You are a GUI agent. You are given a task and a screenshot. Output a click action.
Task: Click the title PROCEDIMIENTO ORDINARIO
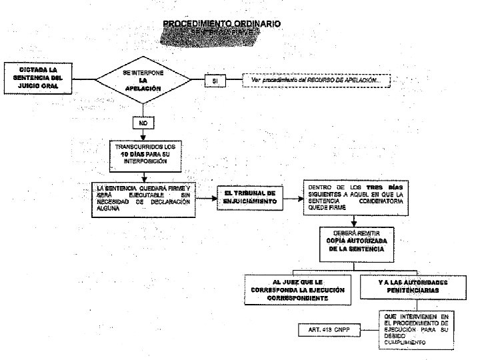(x=222, y=24)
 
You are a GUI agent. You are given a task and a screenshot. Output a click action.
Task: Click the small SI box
(x=215, y=81)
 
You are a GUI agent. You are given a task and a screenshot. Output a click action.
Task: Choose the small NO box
(x=143, y=123)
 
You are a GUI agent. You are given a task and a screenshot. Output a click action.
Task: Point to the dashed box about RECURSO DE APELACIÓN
(x=315, y=80)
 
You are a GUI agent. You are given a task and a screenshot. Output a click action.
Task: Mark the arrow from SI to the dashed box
(x=234, y=81)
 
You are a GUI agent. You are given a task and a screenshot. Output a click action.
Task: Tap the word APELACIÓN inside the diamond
(x=143, y=89)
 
